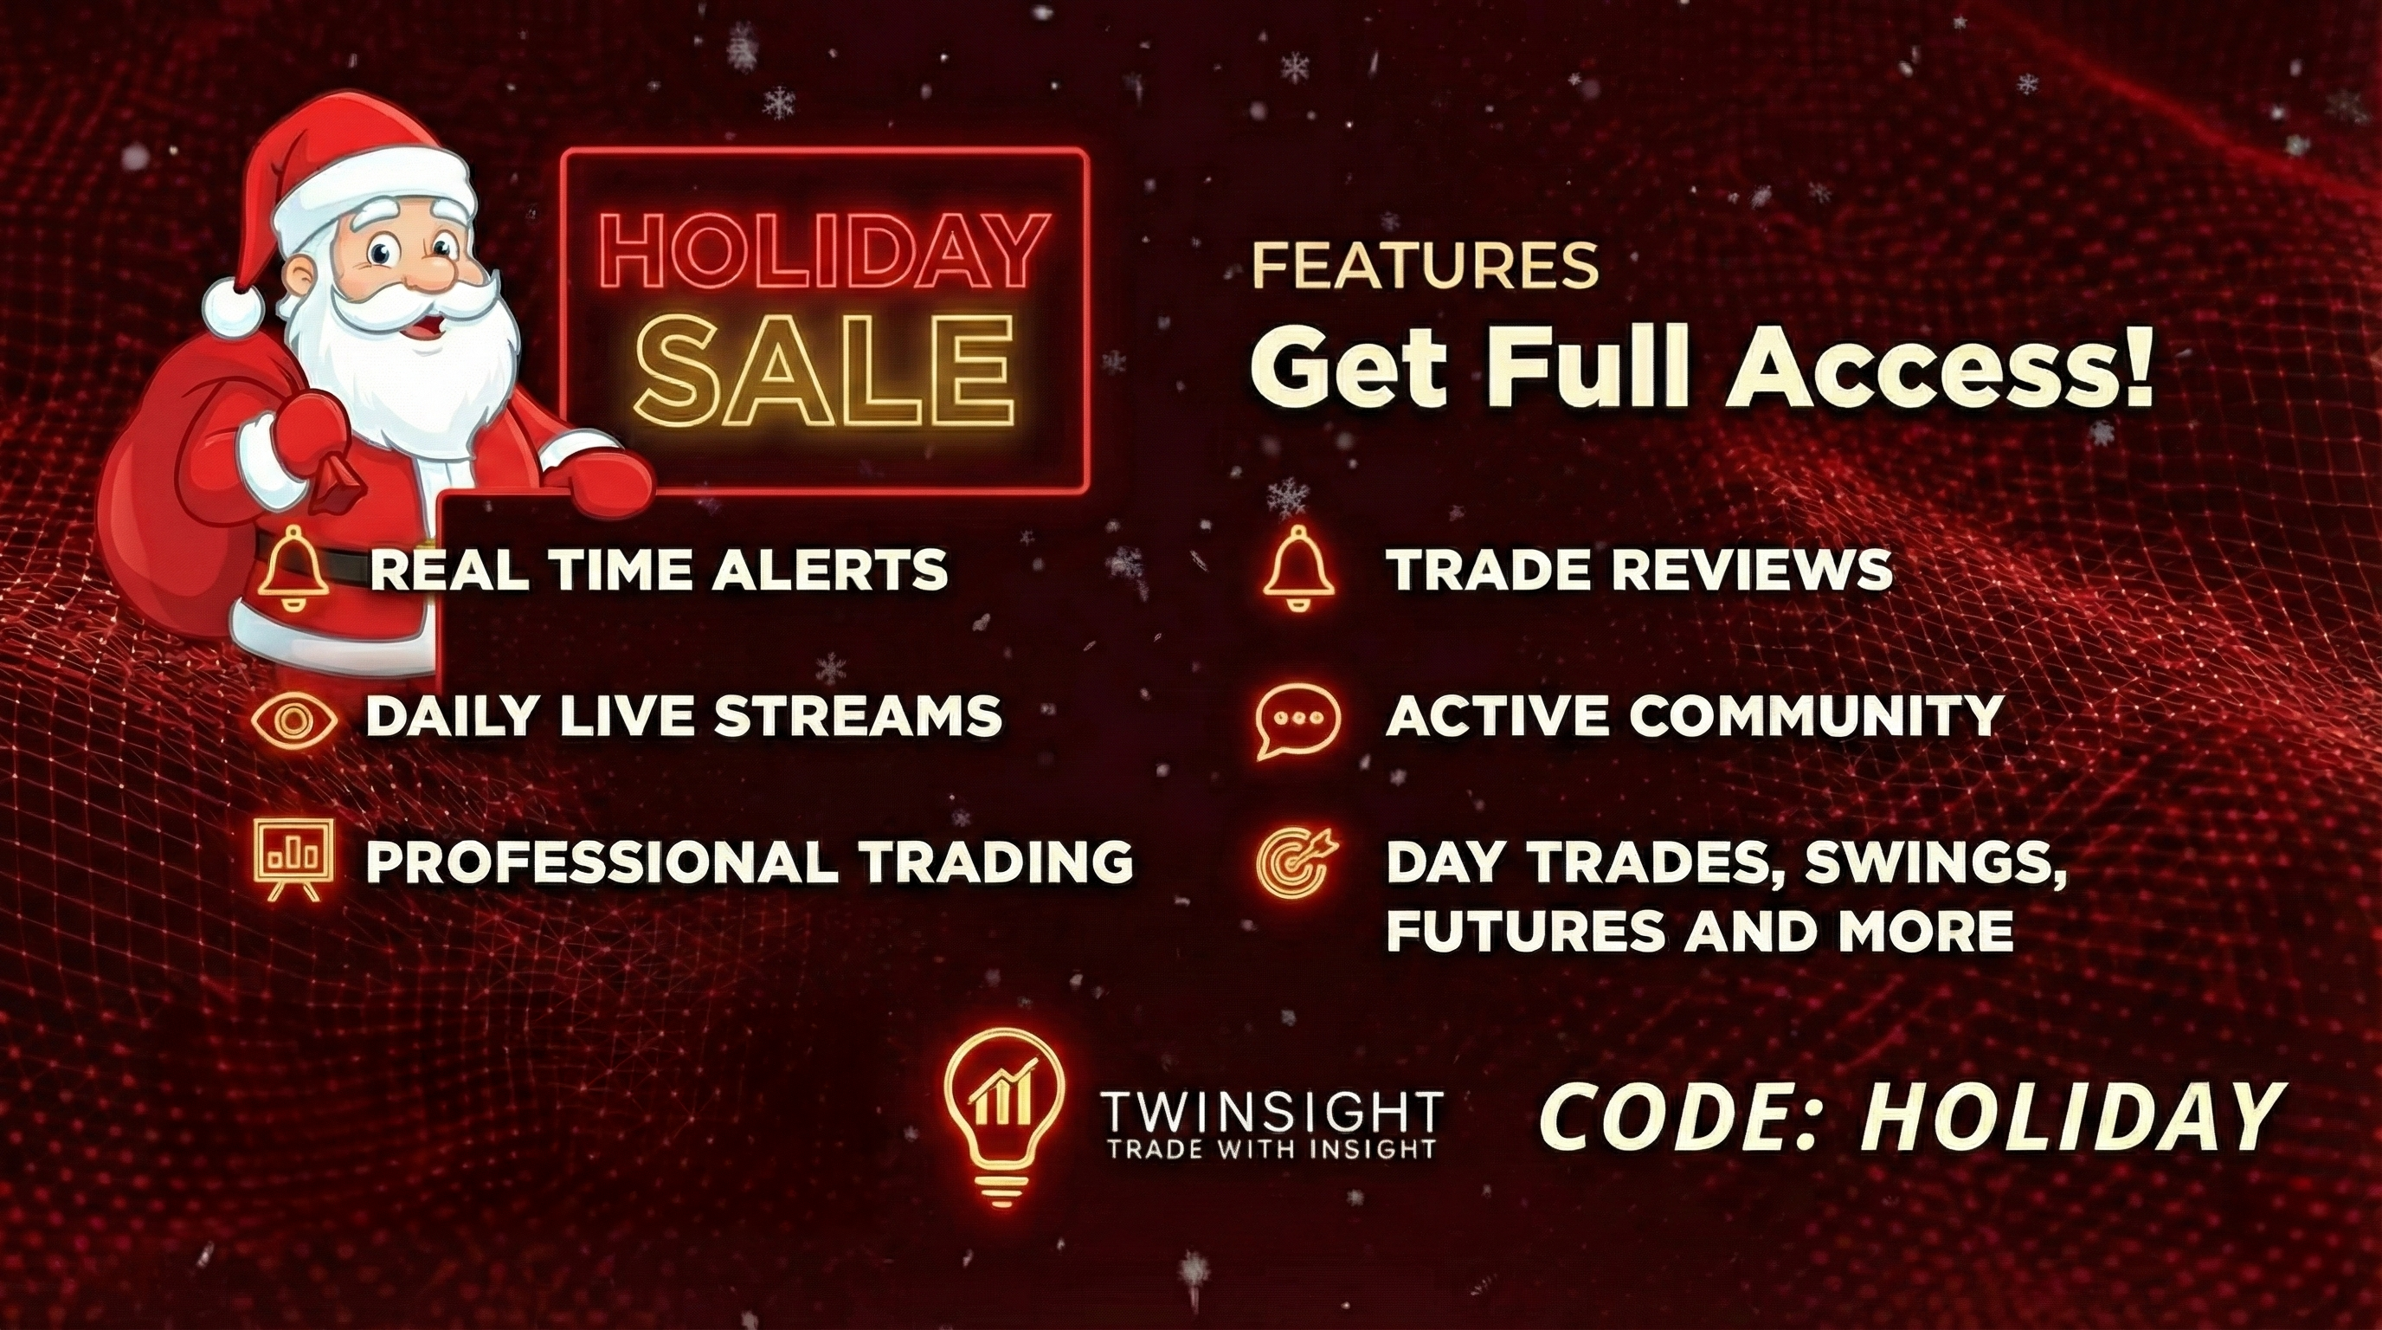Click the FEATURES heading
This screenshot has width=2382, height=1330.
click(1424, 267)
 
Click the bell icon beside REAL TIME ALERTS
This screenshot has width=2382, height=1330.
click(293, 568)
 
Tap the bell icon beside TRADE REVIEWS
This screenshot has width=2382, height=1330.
click(1298, 568)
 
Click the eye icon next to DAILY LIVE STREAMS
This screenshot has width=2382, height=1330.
click(294, 720)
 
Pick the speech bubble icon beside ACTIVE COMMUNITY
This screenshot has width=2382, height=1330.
click(1298, 720)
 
